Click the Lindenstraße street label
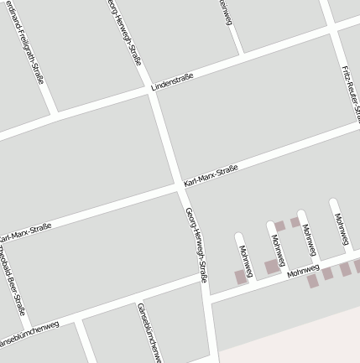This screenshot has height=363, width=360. tap(172, 82)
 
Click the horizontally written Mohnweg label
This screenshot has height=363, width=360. tap(303, 272)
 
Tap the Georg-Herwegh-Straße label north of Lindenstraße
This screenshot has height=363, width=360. tap(126, 31)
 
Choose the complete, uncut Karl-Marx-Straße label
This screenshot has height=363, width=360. tap(211, 175)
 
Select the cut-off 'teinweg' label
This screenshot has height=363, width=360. tap(225, 12)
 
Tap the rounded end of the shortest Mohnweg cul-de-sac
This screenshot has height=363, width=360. tap(238, 237)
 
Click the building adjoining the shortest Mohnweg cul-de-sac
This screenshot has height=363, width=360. tap(241, 277)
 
